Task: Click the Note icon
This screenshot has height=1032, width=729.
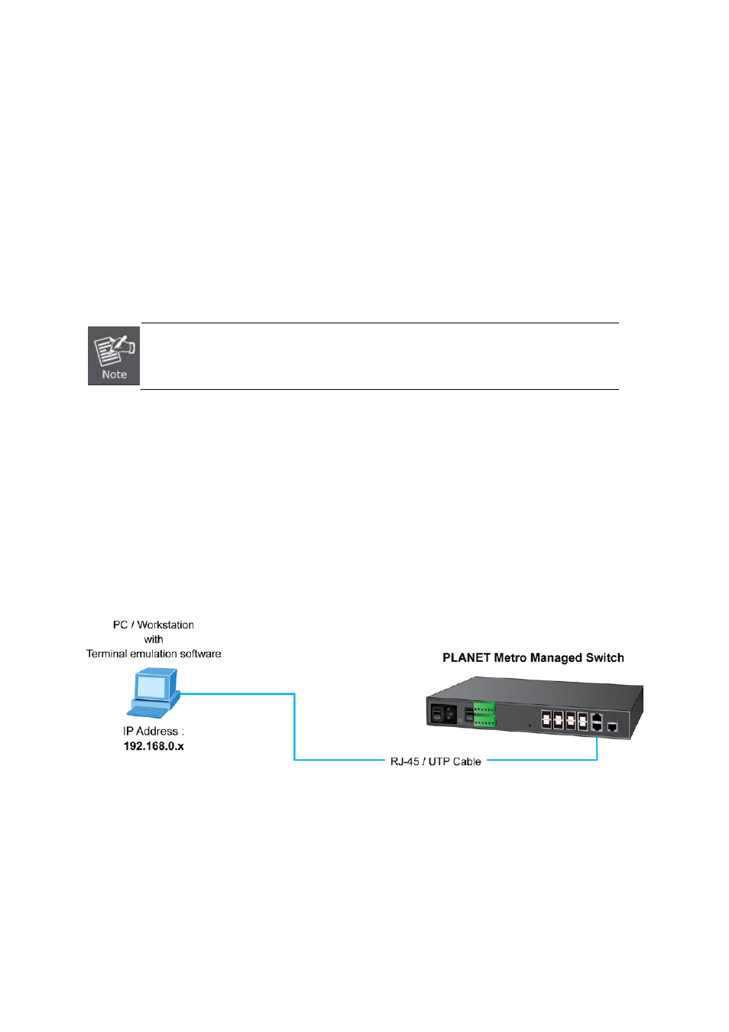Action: point(114,355)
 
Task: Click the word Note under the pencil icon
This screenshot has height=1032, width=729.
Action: point(115,375)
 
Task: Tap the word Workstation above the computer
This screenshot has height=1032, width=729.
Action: point(165,625)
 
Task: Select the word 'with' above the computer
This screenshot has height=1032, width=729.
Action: point(154,639)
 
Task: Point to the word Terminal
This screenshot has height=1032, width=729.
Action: point(106,654)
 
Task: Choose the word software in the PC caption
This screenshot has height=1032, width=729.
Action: point(200,654)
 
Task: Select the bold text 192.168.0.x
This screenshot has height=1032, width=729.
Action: point(154,746)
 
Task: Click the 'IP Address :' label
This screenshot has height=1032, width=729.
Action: point(154,732)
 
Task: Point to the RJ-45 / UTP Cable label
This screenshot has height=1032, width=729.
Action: point(436,761)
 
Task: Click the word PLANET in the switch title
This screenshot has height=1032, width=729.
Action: point(466,657)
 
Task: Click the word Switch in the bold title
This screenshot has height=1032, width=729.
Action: point(604,657)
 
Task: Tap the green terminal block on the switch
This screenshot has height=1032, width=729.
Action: point(484,715)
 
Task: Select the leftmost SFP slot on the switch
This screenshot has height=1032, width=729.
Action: point(546,720)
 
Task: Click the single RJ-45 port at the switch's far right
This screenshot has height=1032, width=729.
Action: point(612,727)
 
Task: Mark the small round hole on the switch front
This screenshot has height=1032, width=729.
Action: point(530,724)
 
